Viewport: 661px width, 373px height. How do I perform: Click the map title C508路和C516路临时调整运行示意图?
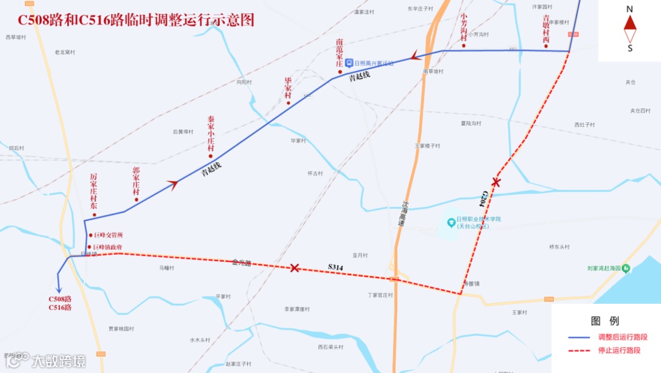[x=136, y=20]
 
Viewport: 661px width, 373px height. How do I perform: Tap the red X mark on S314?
[x=294, y=268]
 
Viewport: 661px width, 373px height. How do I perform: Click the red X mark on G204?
[x=496, y=182]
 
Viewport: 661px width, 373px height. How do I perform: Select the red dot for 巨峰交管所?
[x=90, y=235]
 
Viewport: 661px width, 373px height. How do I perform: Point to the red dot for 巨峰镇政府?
[x=90, y=247]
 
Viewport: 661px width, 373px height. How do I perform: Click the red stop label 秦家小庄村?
[x=211, y=134]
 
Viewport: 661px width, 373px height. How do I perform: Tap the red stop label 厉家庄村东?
[x=94, y=191]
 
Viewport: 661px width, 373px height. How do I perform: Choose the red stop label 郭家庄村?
[x=136, y=181]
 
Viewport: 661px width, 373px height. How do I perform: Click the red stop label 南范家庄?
[x=340, y=54]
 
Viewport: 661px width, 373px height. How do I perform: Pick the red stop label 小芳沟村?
[x=464, y=28]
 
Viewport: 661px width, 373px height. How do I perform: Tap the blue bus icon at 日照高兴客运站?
[x=348, y=62]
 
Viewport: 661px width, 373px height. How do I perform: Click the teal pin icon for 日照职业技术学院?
[x=450, y=220]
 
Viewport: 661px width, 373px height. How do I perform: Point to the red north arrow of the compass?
[x=630, y=23]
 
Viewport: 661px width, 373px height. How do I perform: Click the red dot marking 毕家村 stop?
[x=289, y=102]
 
